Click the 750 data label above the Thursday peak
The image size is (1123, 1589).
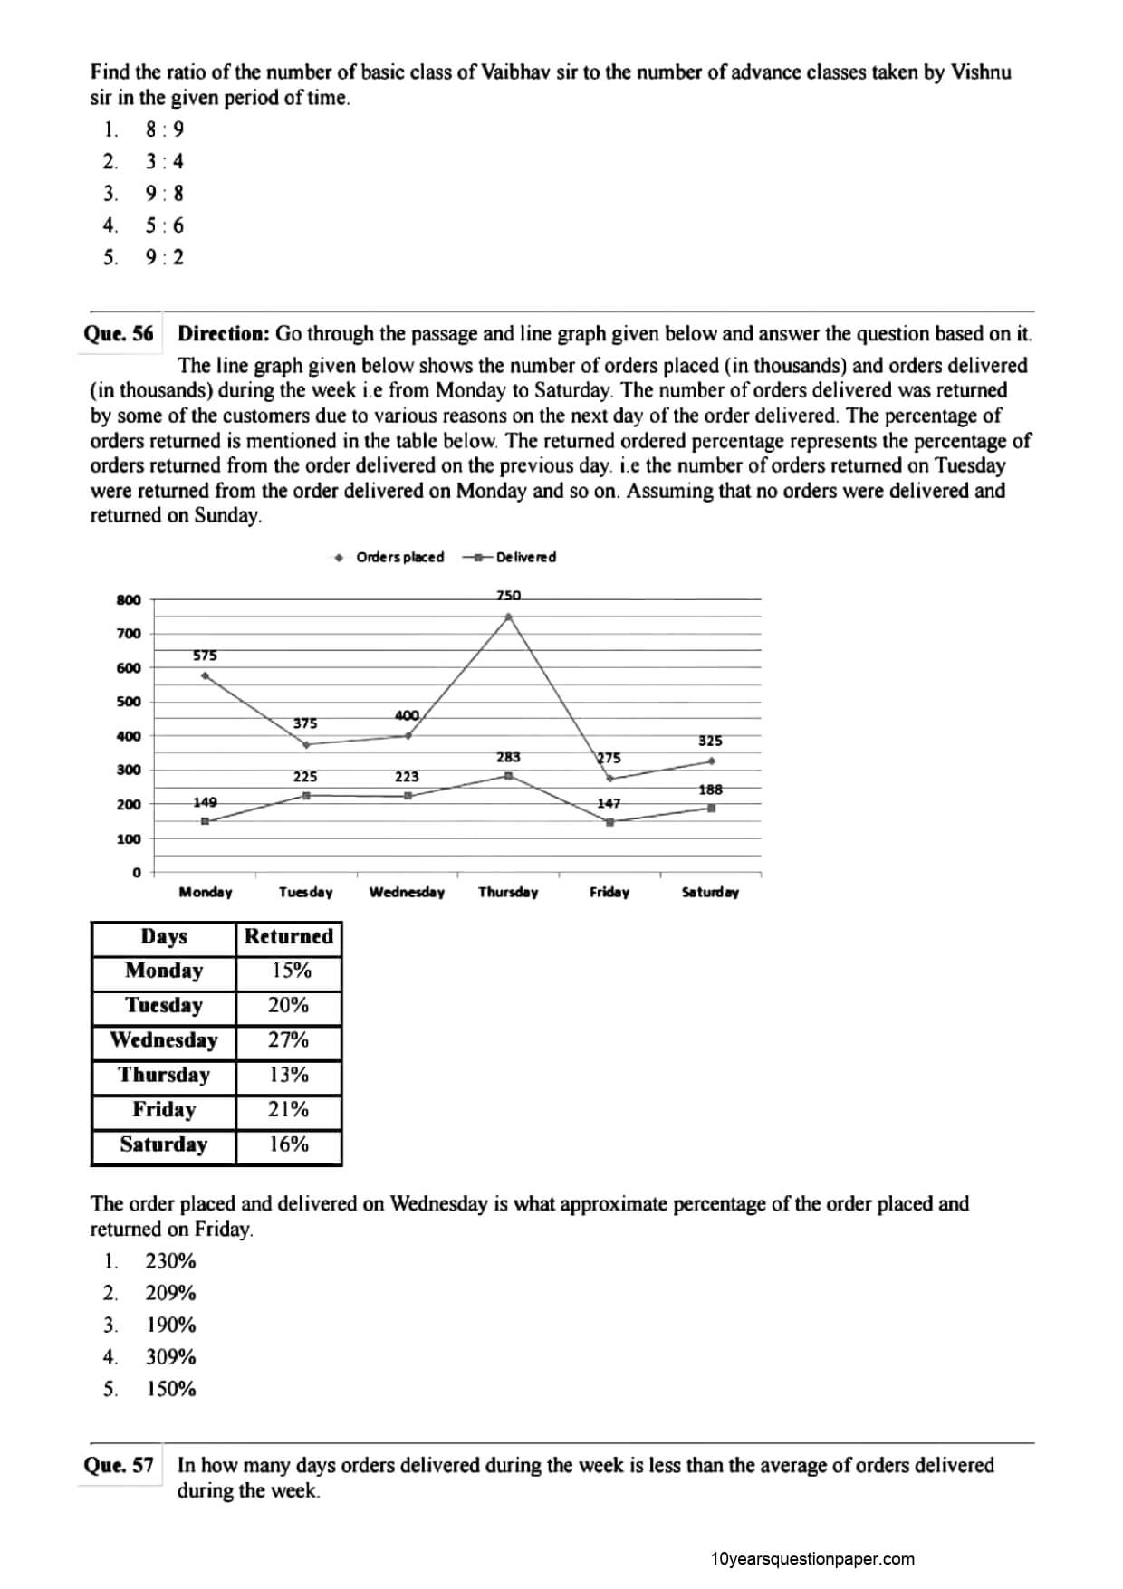(x=508, y=595)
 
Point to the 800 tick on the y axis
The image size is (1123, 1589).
(x=130, y=599)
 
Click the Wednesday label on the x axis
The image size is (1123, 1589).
(x=407, y=892)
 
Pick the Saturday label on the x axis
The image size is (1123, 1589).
(x=710, y=892)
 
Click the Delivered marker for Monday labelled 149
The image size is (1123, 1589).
(x=206, y=821)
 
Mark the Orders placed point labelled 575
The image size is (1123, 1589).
(x=206, y=675)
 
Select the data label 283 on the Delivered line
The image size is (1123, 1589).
(x=508, y=757)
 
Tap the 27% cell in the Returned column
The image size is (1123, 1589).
(x=289, y=1039)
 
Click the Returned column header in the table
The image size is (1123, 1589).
(x=289, y=936)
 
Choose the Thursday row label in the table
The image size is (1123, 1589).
(x=164, y=1075)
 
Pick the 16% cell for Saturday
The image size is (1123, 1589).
(x=289, y=1144)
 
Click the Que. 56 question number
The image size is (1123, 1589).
(x=119, y=333)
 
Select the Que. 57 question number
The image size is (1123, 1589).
(x=119, y=1464)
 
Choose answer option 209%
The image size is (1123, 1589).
(x=170, y=1293)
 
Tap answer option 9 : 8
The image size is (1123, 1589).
(x=164, y=194)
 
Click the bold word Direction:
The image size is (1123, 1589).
(x=224, y=333)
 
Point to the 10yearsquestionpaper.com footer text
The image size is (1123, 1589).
(x=812, y=1558)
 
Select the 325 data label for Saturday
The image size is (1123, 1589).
(x=710, y=741)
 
